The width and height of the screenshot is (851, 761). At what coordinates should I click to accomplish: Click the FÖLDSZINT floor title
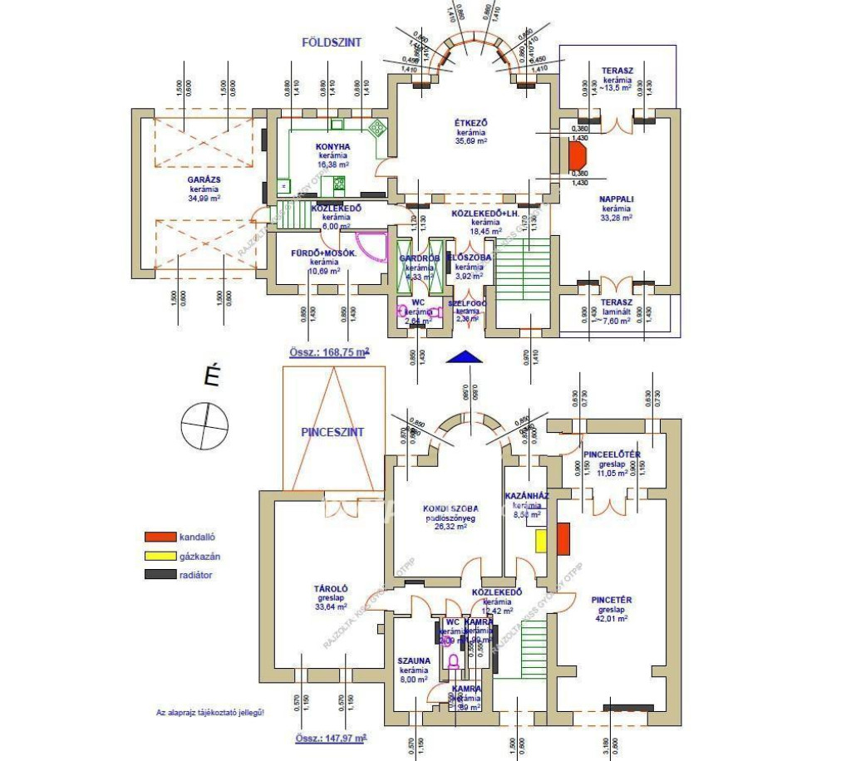331,42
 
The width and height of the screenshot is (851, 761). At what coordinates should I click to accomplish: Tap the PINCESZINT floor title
332,433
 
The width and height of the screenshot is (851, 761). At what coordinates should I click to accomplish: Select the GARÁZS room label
204,179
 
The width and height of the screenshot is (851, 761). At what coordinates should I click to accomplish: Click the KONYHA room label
333,146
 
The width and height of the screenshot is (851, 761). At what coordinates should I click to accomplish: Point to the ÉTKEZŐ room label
470,123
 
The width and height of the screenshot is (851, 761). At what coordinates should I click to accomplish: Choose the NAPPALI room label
617,199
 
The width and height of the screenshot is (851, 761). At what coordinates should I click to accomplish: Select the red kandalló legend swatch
160,538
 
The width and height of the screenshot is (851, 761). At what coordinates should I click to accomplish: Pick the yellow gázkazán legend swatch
160,556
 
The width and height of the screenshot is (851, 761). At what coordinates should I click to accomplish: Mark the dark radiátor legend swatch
160,574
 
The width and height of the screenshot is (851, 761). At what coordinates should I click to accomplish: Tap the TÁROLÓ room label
332,588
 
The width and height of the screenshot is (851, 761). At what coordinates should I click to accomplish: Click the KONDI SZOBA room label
450,508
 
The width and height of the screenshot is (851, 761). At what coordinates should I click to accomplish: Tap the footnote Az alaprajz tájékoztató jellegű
210,712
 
